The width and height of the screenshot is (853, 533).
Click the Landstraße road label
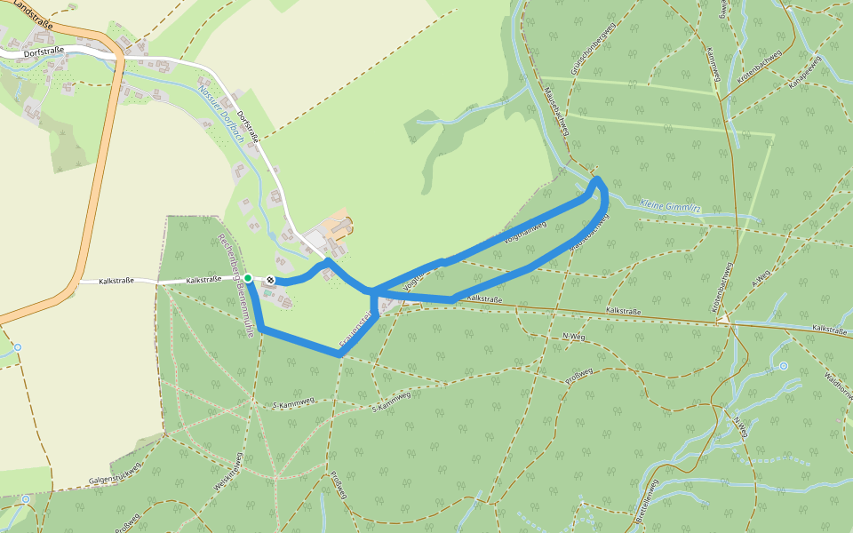click(33, 15)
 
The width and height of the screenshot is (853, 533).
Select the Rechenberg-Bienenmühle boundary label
click(237, 283)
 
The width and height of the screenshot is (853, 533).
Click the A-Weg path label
click(759, 278)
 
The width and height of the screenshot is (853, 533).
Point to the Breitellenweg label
click(652, 502)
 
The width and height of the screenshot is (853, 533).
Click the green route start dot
click(248, 278)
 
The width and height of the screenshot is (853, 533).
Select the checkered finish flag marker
click(269, 281)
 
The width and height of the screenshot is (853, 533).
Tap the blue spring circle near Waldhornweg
click(783, 366)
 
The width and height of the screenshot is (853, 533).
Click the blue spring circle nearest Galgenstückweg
click(25, 499)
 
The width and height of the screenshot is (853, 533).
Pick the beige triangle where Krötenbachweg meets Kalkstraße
click(725, 318)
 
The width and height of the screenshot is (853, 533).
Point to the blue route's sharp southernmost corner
click(339, 354)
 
